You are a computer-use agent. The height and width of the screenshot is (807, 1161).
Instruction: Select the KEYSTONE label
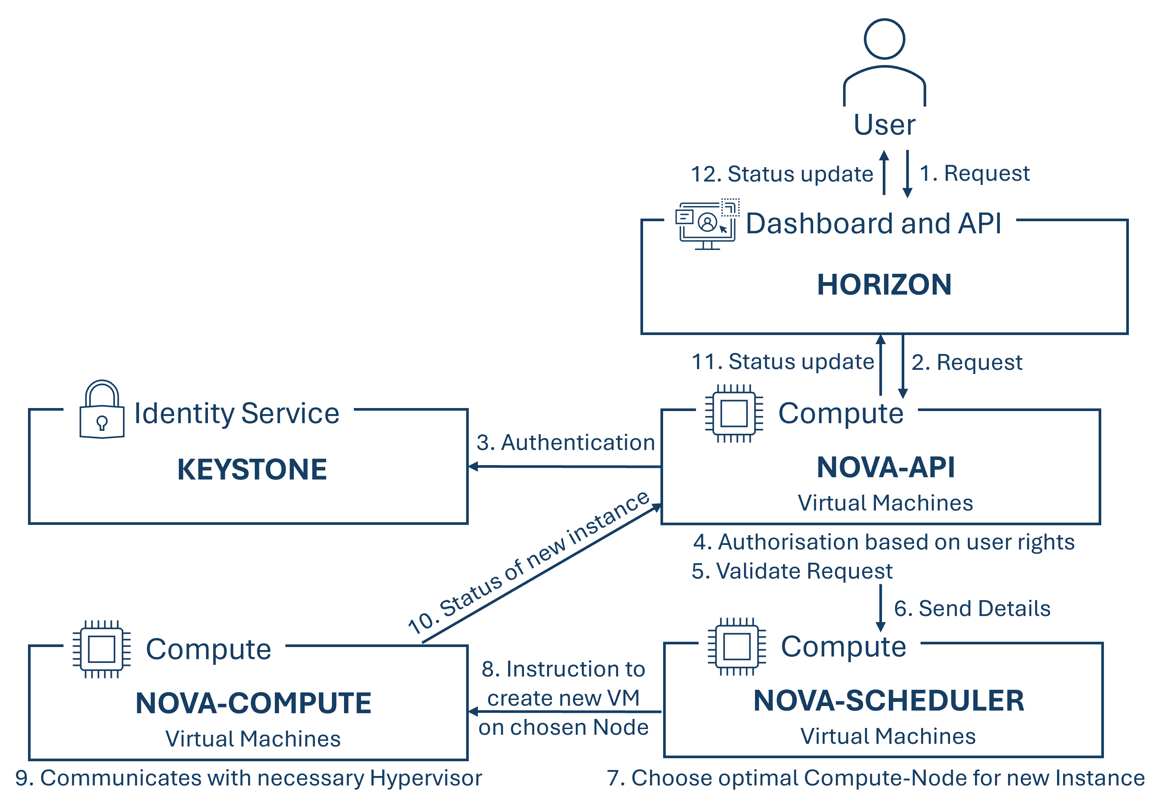[x=252, y=469]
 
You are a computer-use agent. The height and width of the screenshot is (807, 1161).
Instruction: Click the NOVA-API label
[x=885, y=467]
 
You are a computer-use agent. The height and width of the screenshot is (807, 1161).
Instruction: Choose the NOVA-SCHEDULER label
[x=888, y=701]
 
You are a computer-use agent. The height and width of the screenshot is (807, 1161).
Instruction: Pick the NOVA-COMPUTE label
[x=253, y=703]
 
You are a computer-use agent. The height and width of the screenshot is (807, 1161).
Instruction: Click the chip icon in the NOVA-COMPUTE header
[x=102, y=649]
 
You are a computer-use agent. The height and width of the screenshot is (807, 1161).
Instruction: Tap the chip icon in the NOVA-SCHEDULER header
[x=736, y=647]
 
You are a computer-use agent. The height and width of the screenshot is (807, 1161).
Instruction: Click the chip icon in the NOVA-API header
[x=734, y=414]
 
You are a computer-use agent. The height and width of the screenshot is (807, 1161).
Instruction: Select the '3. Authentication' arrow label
[x=565, y=442]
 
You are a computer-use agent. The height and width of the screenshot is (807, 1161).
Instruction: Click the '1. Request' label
[x=974, y=174]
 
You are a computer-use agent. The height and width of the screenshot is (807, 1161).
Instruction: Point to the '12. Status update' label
[x=781, y=174]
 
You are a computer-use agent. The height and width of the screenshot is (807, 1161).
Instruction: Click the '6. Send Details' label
[x=972, y=608]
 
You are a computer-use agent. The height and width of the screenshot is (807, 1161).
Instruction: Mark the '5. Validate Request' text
[x=792, y=571]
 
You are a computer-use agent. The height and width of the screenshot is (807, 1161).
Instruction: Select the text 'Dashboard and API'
[x=873, y=223]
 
